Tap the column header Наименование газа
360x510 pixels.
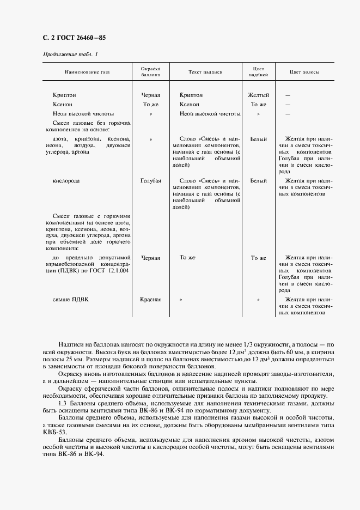[87, 72]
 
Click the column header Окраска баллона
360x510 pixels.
[150, 72]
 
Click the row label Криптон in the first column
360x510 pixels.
[64, 95]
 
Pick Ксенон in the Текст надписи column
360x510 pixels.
[190, 104]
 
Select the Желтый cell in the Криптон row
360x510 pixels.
[258, 95]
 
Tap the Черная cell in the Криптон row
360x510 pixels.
[150, 95]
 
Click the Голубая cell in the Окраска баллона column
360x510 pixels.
[150, 180]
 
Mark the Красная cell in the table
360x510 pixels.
[150, 300]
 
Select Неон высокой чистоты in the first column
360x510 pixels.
[83, 114]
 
